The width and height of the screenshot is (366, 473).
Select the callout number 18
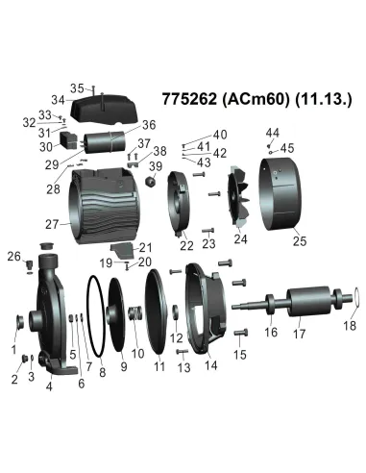pos(349,326)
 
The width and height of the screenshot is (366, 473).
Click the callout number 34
pos(58,99)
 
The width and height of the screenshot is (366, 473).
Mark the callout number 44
pos(272,132)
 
